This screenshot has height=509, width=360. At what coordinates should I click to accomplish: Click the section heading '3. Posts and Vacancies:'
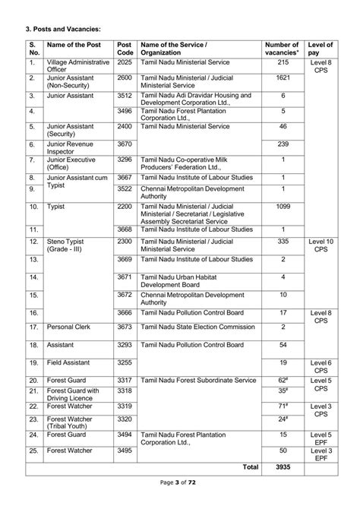(x=63, y=29)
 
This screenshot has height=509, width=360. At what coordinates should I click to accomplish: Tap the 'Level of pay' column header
(x=321, y=49)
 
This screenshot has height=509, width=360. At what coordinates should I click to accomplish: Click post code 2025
(x=125, y=62)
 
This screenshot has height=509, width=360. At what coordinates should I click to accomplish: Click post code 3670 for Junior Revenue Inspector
(x=125, y=144)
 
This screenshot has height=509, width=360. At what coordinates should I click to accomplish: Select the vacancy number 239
(x=283, y=144)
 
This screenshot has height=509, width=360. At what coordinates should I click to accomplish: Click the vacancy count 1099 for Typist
(x=283, y=207)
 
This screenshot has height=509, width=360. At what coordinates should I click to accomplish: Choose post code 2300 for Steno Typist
(x=125, y=241)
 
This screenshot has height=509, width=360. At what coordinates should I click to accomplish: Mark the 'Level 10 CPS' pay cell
(x=321, y=245)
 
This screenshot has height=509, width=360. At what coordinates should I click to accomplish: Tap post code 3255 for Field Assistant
(x=125, y=363)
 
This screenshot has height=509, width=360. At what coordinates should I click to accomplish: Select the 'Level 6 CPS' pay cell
(x=321, y=367)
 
